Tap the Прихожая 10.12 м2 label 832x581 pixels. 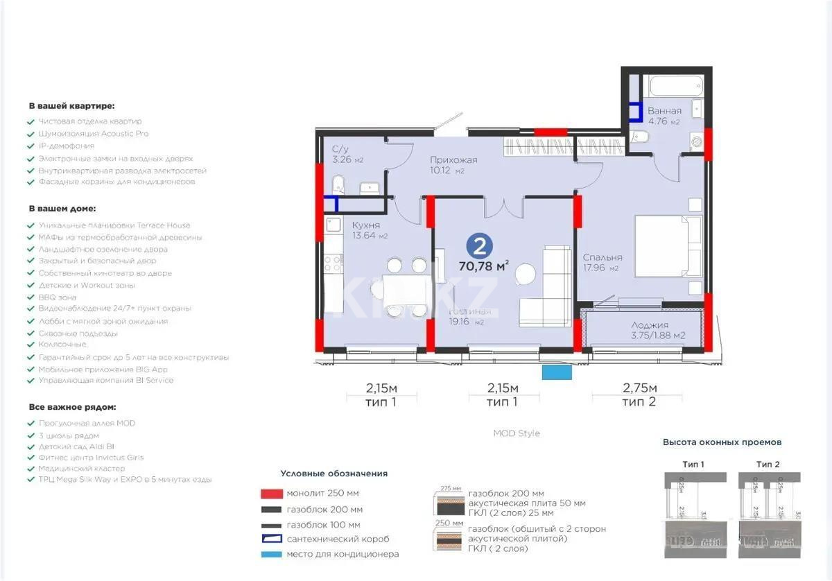(x=453, y=164)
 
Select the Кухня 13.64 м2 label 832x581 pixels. (x=370, y=230)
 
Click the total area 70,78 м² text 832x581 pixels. (x=484, y=265)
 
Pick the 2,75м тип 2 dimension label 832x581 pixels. (x=638, y=394)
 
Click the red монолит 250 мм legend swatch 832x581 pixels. (x=270, y=494)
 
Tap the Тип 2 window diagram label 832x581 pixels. (x=768, y=464)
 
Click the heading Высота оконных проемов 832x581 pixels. (x=722, y=442)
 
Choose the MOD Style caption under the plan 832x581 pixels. (x=517, y=433)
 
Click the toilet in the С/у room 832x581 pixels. (x=338, y=184)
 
